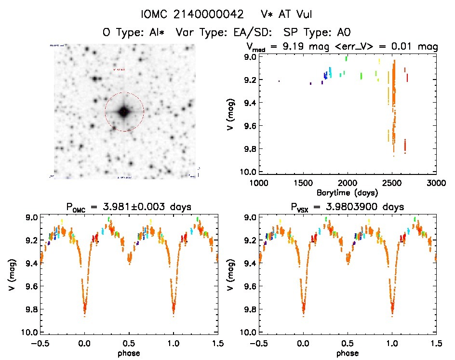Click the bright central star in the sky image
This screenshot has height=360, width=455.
pos(124,112)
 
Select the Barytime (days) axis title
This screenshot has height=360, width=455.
pos(347,192)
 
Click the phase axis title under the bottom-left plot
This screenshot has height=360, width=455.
pos(129,353)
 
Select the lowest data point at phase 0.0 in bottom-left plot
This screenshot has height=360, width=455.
pos(85,316)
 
